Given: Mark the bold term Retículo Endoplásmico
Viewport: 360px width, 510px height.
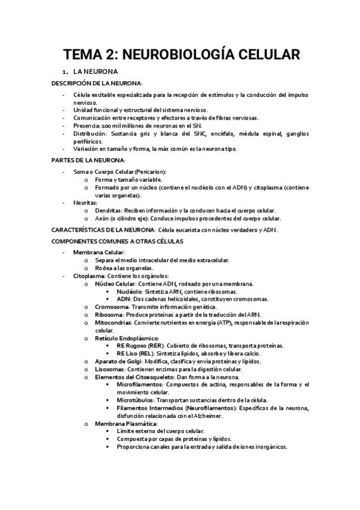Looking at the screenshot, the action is pos(122,339).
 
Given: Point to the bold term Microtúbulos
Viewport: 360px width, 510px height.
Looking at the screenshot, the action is pos(136,401).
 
